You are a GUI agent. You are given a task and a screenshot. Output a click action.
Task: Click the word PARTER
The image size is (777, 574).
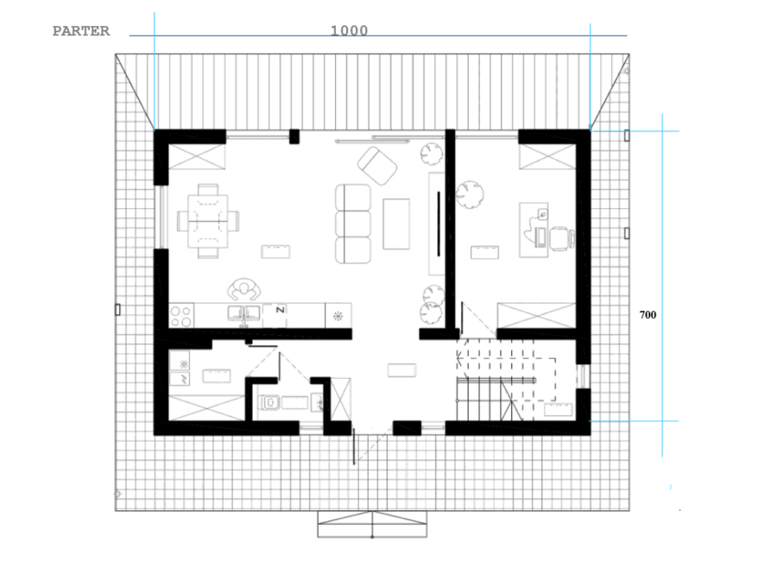click(81, 31)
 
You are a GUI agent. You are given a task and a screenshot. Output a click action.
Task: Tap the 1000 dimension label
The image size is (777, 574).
click(349, 31)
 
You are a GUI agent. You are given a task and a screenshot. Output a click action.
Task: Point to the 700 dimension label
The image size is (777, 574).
click(647, 315)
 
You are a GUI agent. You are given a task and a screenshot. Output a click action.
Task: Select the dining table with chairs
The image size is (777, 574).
click(208, 221)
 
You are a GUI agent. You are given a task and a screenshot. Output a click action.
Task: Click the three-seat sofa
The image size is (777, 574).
click(353, 224)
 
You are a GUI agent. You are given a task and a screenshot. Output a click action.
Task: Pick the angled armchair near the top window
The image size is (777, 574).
click(377, 166)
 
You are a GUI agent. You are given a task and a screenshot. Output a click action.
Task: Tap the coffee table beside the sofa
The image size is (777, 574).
click(396, 224)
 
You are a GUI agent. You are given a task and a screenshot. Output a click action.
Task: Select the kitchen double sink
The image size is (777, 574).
click(243, 314)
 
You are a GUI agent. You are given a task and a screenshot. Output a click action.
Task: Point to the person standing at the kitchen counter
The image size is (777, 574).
click(243, 289)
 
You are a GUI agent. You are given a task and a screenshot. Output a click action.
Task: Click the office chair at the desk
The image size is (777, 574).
click(562, 237)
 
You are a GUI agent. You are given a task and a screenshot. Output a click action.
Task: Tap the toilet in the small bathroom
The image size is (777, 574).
click(269, 402)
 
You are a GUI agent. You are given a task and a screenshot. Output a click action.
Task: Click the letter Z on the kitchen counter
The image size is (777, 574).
click(280, 310)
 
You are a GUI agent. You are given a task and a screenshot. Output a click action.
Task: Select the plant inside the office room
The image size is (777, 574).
click(470, 194)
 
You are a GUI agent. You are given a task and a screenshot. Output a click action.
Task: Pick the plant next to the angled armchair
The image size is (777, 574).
click(431, 153)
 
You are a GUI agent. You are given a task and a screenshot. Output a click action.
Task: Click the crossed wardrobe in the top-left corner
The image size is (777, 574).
click(197, 157)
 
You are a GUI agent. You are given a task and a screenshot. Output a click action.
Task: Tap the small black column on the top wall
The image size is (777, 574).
click(294, 136)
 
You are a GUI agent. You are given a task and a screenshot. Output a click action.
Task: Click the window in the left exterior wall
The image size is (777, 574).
click(161, 217)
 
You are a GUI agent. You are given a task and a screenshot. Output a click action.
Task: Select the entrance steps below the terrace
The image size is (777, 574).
click(372, 525)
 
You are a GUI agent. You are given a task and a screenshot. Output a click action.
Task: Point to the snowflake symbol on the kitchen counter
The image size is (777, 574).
click(338, 316)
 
